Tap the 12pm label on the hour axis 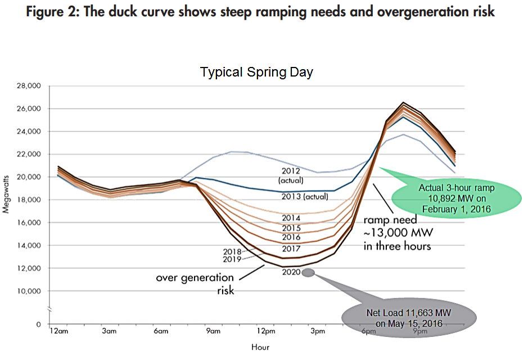click(x=266, y=331)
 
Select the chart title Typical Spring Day click(x=256, y=73)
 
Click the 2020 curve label click(x=291, y=273)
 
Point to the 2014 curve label click(x=291, y=218)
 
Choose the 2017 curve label click(x=291, y=248)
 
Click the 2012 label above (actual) click(x=290, y=170)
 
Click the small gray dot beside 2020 click(x=308, y=273)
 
